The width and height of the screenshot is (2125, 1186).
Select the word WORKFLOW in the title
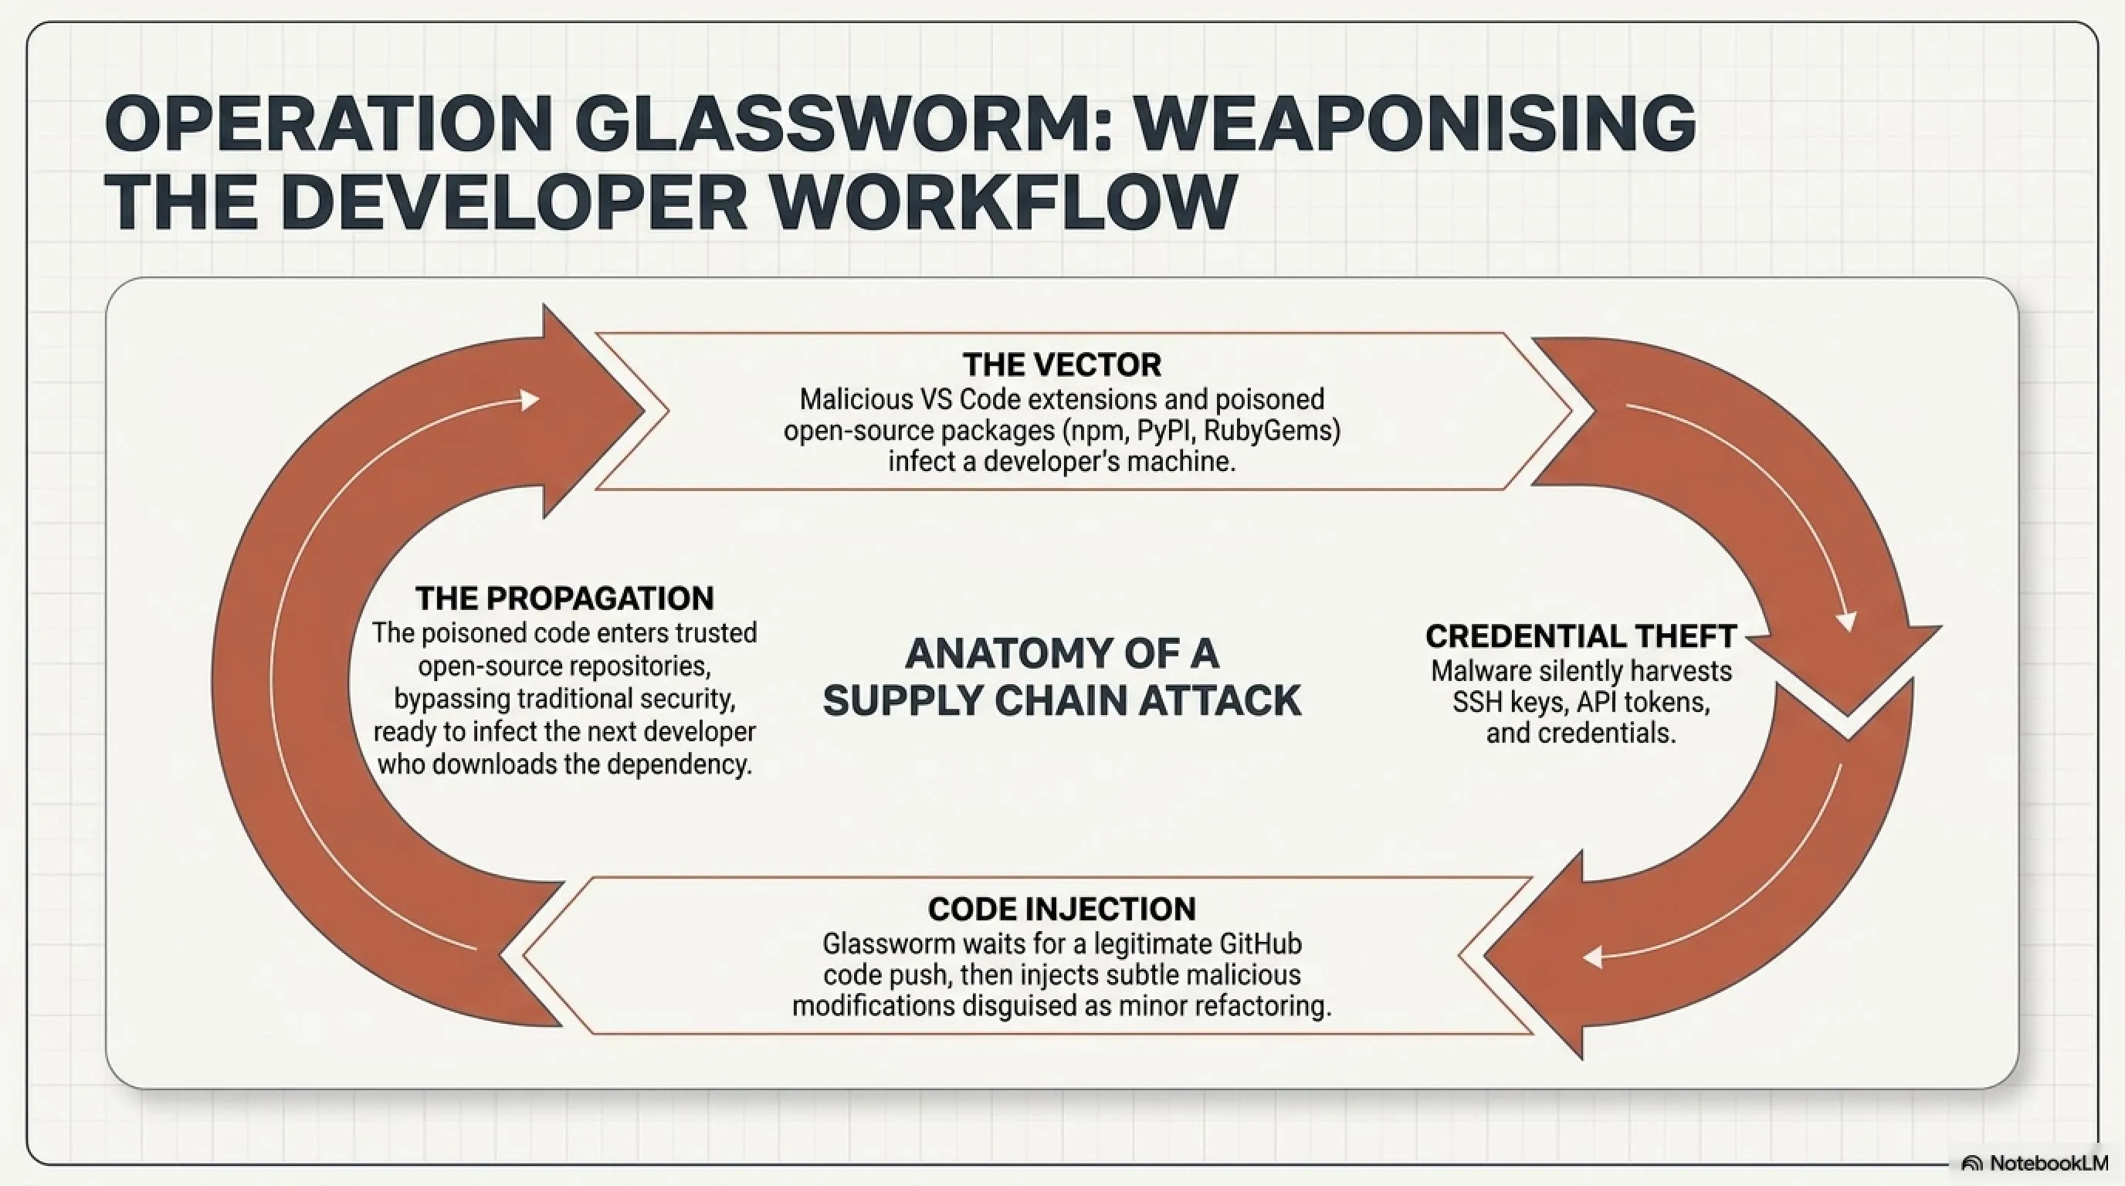pyautogui.click(x=1002, y=203)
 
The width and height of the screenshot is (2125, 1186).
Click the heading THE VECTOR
pyautogui.click(x=1062, y=364)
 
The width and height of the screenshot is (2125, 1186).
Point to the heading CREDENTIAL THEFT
pyautogui.click(x=1581, y=636)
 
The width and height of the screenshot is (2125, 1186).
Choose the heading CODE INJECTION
pyautogui.click(x=1062, y=909)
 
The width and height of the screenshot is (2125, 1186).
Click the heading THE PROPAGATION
pyautogui.click(x=565, y=598)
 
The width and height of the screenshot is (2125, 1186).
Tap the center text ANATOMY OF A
pyautogui.click(x=1062, y=653)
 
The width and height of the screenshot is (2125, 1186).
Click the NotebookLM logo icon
pyautogui.click(x=1971, y=1164)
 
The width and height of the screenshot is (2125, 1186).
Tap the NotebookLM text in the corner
pyautogui.click(x=2048, y=1164)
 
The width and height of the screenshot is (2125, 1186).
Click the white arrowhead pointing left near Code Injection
pyautogui.click(x=1593, y=957)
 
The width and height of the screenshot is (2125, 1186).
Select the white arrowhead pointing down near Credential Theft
pyautogui.click(x=1846, y=622)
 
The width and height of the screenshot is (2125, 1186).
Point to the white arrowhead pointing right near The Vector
pyautogui.click(x=530, y=401)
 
